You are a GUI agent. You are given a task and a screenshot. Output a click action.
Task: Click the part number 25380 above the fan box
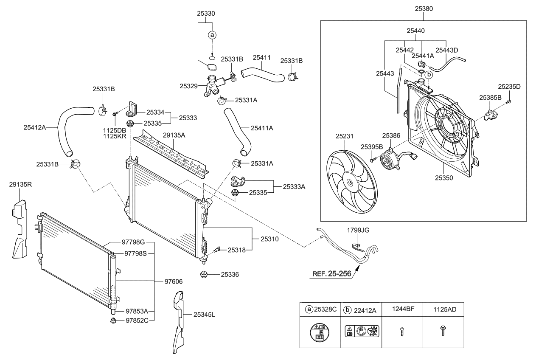[x=424, y=8]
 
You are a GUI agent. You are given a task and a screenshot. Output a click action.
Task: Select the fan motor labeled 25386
[x=389, y=162]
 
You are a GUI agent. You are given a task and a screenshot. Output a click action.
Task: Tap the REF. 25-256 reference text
[x=331, y=274]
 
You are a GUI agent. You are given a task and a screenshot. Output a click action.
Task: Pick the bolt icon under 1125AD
[x=443, y=331]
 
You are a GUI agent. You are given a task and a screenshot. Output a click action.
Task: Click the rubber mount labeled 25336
[x=204, y=274]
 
